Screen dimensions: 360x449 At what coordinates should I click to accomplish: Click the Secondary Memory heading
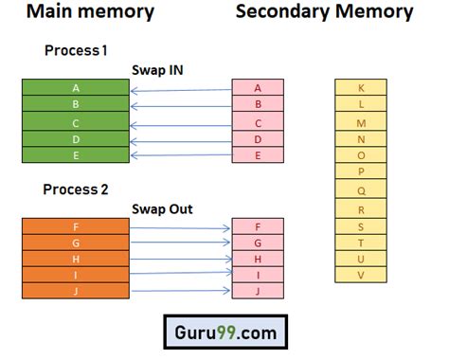(324, 13)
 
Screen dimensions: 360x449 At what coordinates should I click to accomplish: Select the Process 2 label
(76, 189)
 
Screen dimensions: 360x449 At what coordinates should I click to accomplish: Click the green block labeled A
(75, 87)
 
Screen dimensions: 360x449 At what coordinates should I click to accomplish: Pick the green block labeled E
(75, 155)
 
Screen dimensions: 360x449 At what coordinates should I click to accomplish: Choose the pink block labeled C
(258, 122)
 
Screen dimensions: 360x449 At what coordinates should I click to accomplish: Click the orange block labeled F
(75, 226)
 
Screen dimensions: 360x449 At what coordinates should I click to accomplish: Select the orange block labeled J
(75, 291)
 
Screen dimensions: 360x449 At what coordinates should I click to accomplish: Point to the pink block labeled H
(258, 259)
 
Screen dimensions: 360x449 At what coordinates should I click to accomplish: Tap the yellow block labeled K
(361, 88)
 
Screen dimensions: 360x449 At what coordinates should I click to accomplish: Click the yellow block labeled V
(361, 275)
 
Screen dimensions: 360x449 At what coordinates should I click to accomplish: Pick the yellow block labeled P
(361, 172)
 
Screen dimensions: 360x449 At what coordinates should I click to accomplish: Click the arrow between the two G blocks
(181, 243)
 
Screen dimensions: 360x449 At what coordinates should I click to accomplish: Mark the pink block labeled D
(258, 139)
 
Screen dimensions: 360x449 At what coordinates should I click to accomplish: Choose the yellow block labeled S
(361, 225)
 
